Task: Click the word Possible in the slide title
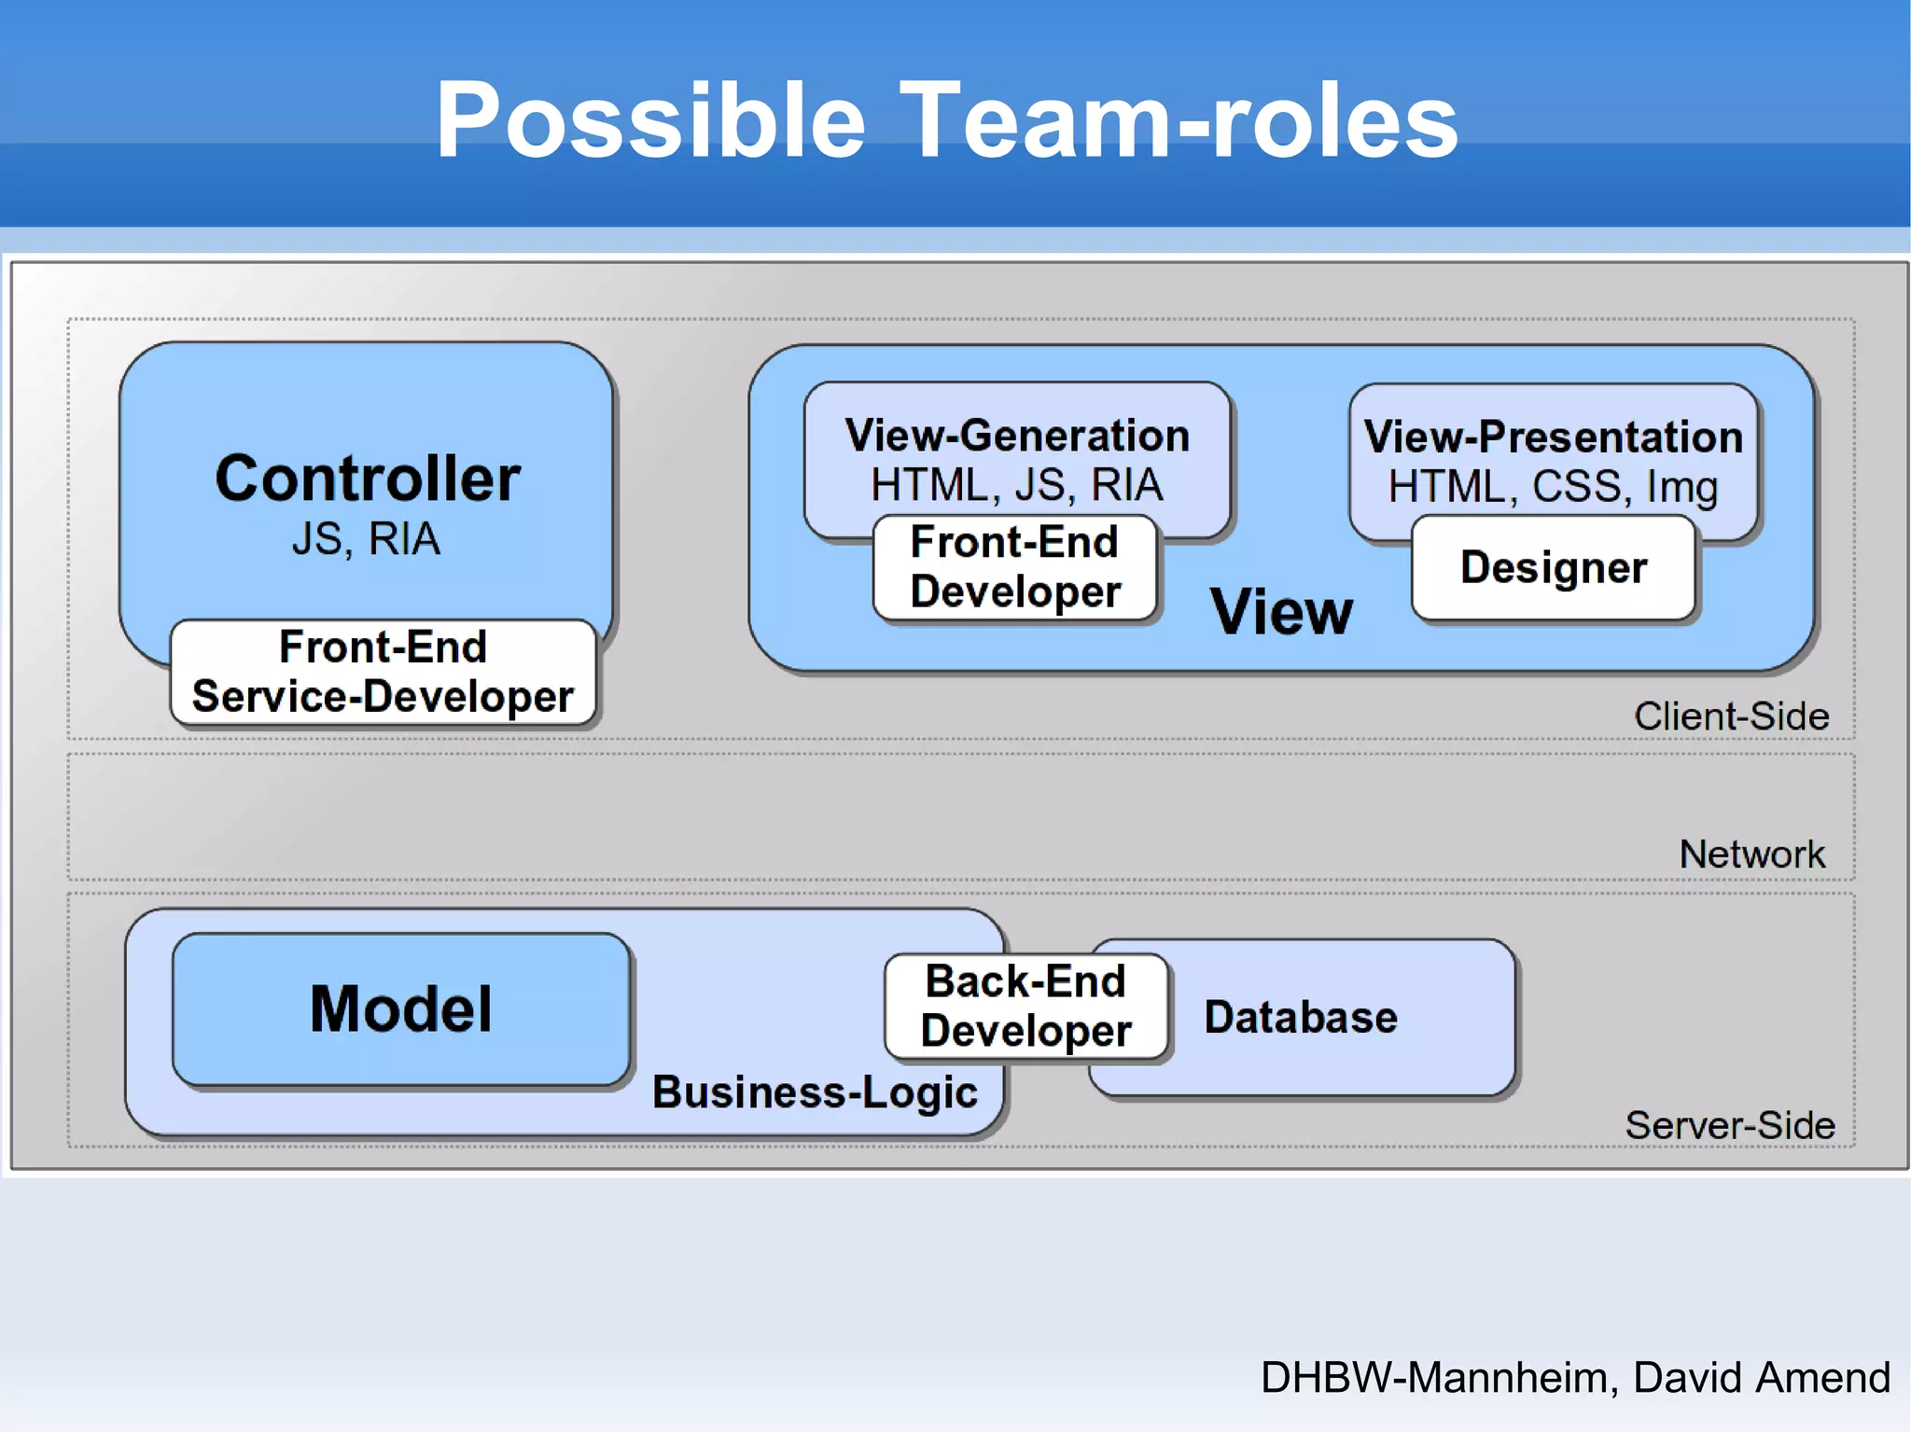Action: [x=650, y=120]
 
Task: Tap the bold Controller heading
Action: [x=367, y=479]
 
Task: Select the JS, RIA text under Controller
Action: [x=366, y=539]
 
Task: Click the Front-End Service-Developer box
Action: [x=383, y=672]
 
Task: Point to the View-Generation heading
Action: [x=1016, y=436]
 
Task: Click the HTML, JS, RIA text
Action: [x=1016, y=485]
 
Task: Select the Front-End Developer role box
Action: [x=1015, y=567]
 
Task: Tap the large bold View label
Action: [x=1281, y=613]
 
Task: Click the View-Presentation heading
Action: [x=1553, y=437]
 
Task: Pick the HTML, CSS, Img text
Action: [x=1553, y=487]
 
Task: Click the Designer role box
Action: [x=1554, y=567]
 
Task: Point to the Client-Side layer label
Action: [x=1731, y=716]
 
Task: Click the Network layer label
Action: [x=1751, y=855]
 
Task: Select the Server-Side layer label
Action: [x=1730, y=1125]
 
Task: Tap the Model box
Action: [x=401, y=1009]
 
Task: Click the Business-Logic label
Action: [x=815, y=1092]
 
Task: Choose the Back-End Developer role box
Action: [x=1025, y=1007]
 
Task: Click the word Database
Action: [x=1301, y=1017]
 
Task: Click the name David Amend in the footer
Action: [x=1761, y=1378]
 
